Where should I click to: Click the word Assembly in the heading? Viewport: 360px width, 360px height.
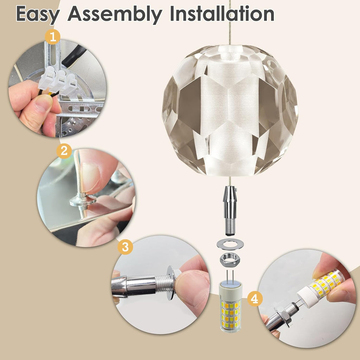(x=115, y=14)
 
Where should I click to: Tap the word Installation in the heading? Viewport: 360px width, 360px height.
(x=222, y=13)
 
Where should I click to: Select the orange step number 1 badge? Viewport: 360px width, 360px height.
(x=53, y=37)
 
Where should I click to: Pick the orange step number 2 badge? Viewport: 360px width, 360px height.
(x=64, y=151)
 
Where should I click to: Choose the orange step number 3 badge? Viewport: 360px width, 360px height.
(x=125, y=247)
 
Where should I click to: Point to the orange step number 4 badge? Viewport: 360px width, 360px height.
(x=255, y=299)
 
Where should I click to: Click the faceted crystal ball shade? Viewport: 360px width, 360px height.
(x=230, y=110)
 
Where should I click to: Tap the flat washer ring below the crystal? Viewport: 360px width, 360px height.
(x=230, y=244)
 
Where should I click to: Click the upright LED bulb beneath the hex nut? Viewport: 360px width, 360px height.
(x=230, y=306)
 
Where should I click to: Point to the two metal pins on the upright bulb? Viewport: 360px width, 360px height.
(x=230, y=276)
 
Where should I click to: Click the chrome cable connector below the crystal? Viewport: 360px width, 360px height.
(x=230, y=211)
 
